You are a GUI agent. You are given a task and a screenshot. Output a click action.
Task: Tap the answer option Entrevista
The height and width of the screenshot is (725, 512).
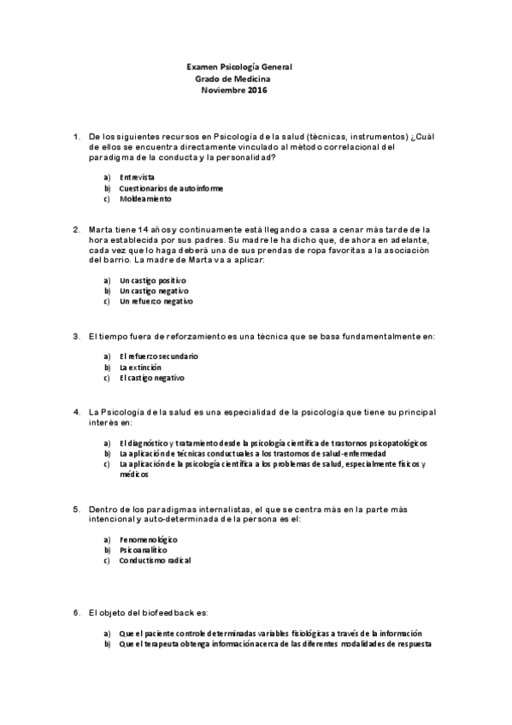pos(138,177)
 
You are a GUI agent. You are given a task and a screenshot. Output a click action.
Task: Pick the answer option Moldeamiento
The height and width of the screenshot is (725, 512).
pos(145,199)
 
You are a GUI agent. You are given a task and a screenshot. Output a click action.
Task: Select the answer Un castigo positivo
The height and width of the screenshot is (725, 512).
pos(153,280)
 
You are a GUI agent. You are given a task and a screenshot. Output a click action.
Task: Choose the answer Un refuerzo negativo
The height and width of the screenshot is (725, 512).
pos(156,301)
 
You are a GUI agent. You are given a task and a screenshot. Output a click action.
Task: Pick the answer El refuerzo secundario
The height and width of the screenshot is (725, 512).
pos(159,356)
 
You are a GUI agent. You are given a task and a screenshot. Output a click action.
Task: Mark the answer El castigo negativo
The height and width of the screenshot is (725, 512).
pos(152,378)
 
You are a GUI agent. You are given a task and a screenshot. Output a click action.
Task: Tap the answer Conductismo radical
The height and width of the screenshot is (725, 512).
pos(156,562)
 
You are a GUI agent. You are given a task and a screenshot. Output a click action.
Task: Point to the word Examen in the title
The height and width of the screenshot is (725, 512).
pos(202,67)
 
